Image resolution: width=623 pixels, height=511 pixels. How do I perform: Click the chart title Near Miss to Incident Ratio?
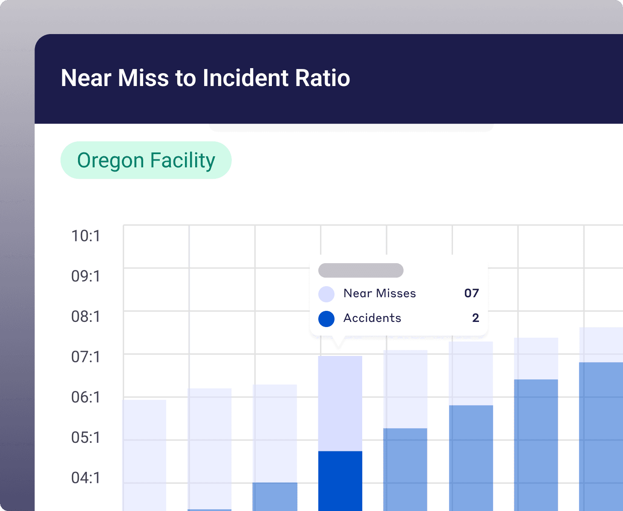(x=205, y=78)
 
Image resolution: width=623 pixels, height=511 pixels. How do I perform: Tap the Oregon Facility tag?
(x=146, y=161)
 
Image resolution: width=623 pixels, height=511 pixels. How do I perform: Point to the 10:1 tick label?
(x=86, y=236)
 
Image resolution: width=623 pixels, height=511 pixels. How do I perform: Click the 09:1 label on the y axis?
(x=86, y=276)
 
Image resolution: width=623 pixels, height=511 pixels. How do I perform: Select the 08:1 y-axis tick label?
(x=86, y=317)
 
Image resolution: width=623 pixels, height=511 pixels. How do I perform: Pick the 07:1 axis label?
(x=86, y=357)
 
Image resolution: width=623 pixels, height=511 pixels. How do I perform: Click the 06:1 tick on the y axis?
(x=86, y=397)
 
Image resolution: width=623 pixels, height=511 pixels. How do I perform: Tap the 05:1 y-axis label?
(x=86, y=438)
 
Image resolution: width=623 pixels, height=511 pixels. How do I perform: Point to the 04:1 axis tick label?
(x=86, y=478)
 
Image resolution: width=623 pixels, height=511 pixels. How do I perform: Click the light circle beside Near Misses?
(x=326, y=294)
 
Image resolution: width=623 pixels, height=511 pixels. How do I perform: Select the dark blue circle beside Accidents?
(x=326, y=319)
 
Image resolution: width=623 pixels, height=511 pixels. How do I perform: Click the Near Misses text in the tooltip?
(x=380, y=293)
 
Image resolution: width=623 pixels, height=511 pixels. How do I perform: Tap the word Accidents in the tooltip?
(x=372, y=318)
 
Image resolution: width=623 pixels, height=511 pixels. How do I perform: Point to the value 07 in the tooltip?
(x=472, y=293)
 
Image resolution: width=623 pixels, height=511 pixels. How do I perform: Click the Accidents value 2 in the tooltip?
(x=476, y=318)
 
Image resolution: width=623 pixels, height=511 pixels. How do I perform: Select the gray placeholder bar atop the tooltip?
(x=361, y=270)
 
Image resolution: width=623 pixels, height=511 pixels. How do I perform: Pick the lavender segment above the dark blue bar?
(x=340, y=403)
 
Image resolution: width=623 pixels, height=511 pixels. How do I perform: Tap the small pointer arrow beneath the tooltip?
(x=339, y=342)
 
